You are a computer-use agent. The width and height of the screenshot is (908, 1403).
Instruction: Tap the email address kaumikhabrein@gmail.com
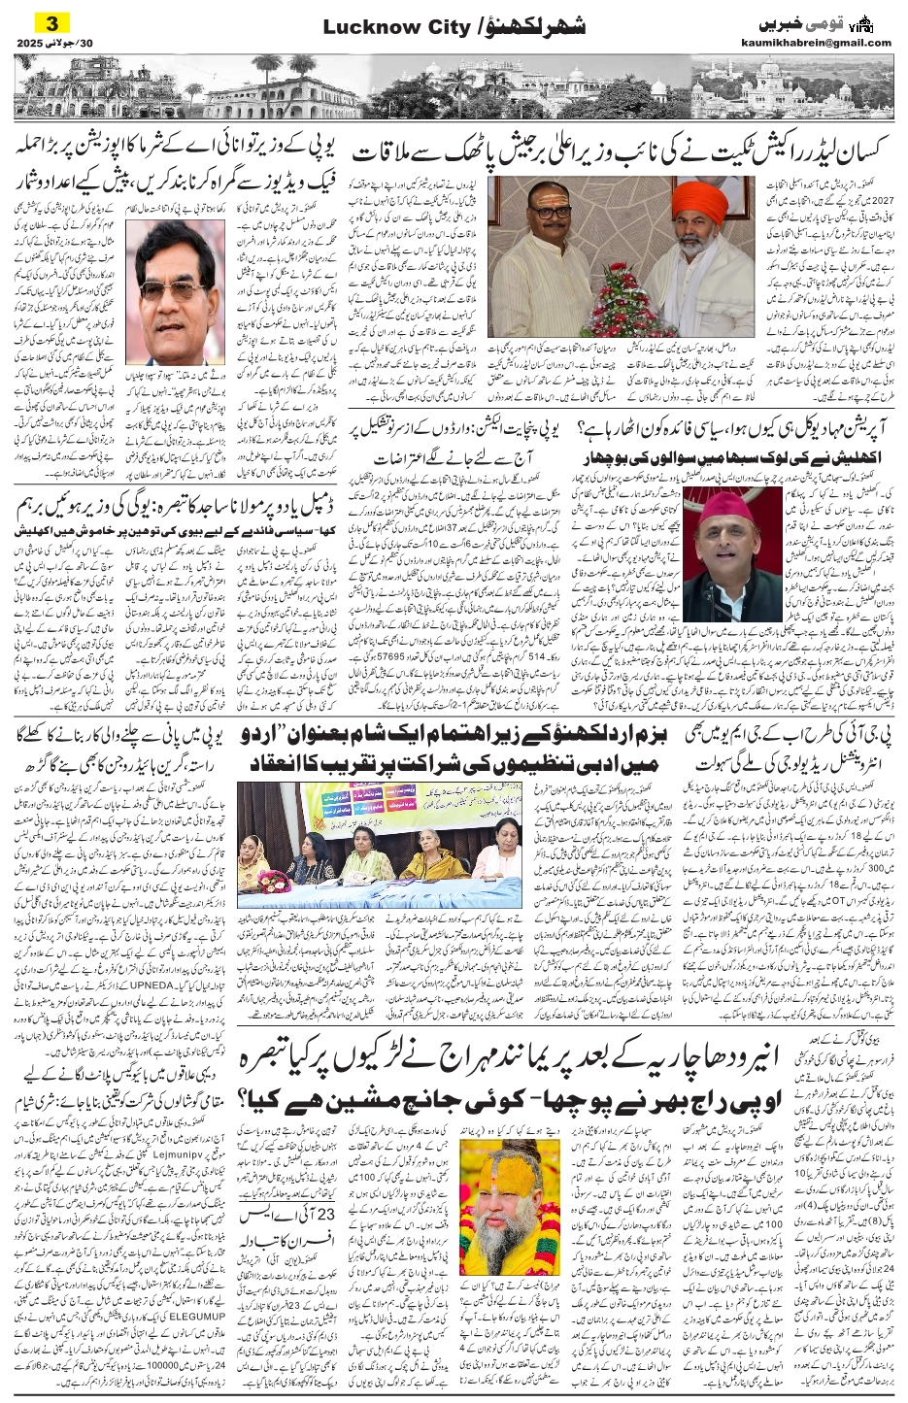pyautogui.click(x=826, y=43)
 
